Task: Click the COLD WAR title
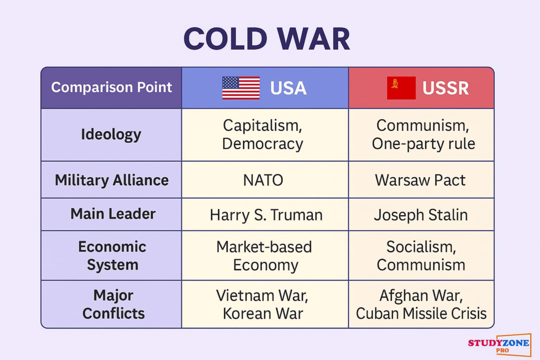point(267,39)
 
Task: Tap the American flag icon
point(241,88)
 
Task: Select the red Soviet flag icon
point(401,88)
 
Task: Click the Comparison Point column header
point(111,87)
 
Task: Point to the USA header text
point(288,88)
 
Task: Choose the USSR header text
point(445,88)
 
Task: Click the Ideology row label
point(111,134)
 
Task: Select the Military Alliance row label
point(112,180)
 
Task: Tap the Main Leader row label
point(113,213)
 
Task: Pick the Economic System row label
point(112,256)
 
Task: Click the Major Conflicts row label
point(113,304)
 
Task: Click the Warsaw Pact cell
point(420,180)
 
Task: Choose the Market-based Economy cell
point(264,256)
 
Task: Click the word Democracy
point(263,144)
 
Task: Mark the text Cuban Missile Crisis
point(421,313)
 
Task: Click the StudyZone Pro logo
point(499,345)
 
